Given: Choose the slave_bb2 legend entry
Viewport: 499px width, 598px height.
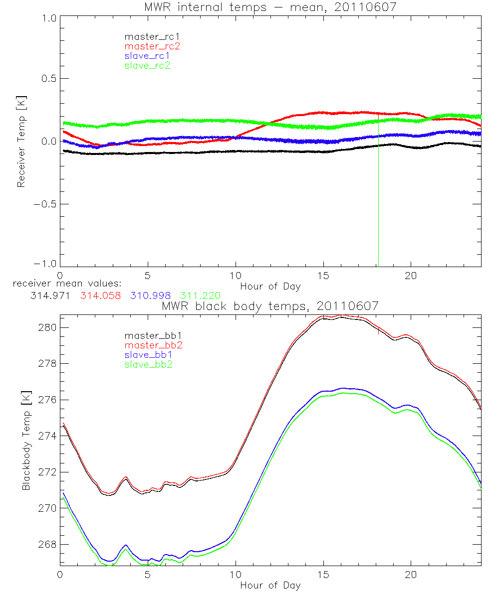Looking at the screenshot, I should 147,364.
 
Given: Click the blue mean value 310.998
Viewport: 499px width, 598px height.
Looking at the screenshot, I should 151,296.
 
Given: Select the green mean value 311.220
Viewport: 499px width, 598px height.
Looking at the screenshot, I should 201,296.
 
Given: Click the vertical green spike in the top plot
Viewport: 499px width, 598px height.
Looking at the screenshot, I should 378,199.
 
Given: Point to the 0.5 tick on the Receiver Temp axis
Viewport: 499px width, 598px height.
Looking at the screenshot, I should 48,79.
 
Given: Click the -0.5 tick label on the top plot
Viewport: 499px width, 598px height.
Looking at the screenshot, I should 45,204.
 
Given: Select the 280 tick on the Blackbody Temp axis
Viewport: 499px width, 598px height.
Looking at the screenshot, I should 48,327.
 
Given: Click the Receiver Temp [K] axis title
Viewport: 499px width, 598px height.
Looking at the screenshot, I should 21,142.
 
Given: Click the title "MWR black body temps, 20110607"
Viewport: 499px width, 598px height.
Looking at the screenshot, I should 270,306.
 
